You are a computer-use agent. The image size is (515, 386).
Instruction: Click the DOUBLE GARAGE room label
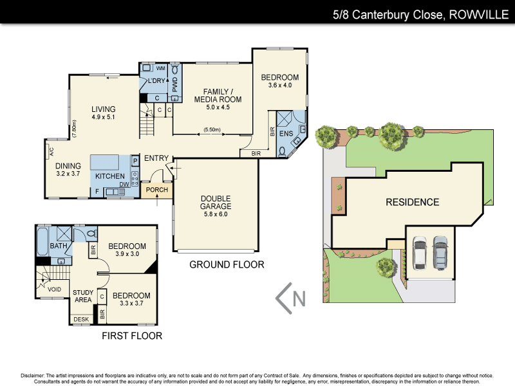(x=216, y=202)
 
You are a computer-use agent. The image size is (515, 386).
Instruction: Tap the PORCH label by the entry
(x=156, y=190)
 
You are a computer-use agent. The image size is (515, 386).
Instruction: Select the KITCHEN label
(x=109, y=176)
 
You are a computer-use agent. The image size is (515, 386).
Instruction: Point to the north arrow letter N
(x=298, y=299)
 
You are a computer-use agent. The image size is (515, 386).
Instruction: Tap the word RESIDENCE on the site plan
(x=412, y=202)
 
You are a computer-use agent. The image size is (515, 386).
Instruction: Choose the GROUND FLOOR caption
(x=227, y=264)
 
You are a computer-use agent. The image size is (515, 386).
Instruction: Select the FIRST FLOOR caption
(x=132, y=335)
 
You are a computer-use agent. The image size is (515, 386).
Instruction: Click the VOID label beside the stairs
(x=55, y=289)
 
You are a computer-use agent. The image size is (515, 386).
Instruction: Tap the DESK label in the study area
(x=81, y=319)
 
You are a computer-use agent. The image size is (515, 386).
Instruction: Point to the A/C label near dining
(x=51, y=152)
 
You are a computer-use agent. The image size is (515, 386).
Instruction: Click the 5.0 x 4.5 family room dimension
(x=217, y=107)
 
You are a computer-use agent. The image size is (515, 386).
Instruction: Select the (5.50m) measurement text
(x=212, y=130)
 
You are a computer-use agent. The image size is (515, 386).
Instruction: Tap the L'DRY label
(x=157, y=81)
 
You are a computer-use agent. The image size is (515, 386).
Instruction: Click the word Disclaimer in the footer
(x=32, y=375)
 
